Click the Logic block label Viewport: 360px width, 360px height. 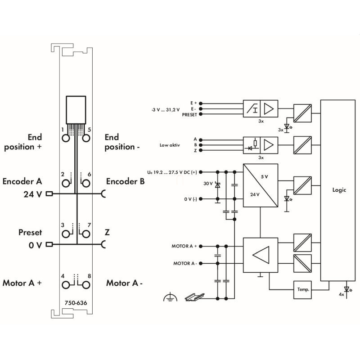click(339, 190)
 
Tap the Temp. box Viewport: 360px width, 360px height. click(302, 290)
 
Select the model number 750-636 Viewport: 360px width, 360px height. click(76, 302)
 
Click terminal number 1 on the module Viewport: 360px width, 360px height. click(63, 130)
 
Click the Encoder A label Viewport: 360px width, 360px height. click(22, 182)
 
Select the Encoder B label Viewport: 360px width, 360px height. click(125, 182)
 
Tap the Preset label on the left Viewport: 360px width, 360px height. click(30, 232)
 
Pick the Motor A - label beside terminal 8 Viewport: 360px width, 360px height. click(124, 283)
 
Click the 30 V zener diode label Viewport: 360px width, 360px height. click(208, 184)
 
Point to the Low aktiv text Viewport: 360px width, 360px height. click(170, 145)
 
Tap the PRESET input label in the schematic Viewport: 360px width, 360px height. click(189, 114)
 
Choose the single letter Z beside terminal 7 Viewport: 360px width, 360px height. click(107, 232)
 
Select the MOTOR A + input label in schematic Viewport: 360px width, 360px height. click(184, 246)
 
